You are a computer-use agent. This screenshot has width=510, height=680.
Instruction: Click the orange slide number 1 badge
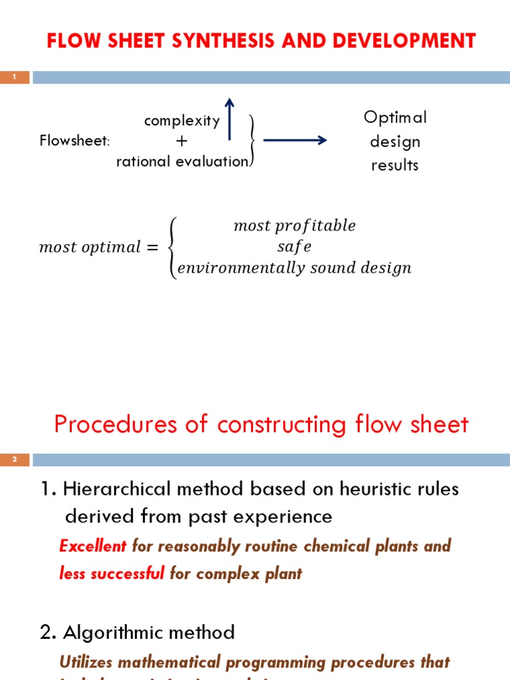pos(14,78)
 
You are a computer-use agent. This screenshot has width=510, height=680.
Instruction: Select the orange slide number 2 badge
pos(14,460)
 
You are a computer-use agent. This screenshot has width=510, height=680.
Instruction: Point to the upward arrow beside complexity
pos(230,119)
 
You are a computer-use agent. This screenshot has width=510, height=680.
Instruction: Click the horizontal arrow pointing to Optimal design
pos(295,140)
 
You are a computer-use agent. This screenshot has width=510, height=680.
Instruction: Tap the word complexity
pos(182,120)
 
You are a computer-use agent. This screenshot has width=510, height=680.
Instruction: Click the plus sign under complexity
pos(182,141)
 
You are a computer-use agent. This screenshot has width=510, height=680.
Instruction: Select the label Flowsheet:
pos(74,141)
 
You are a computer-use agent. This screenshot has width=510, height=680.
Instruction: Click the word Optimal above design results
pos(395,118)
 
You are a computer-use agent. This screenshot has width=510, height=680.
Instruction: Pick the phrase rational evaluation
pos(182,161)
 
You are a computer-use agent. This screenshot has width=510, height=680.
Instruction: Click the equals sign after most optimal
pos(152,247)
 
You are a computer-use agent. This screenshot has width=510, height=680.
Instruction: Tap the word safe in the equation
pos(294,246)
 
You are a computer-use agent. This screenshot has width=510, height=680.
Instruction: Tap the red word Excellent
pos(92,546)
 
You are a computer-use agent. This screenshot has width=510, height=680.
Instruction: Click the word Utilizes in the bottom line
pos(86,662)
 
